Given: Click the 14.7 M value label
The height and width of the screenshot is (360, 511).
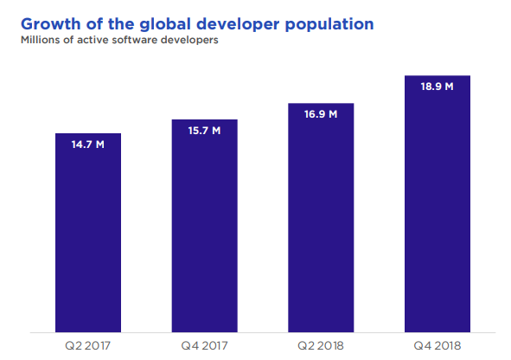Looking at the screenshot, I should click(x=87, y=145).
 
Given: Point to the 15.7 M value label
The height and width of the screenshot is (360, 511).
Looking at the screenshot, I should click(x=204, y=131).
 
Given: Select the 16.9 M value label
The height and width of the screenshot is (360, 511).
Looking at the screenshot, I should click(x=322, y=113).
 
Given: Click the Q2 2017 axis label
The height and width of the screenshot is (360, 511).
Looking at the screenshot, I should click(x=87, y=345).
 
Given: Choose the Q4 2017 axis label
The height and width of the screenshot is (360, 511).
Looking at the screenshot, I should click(x=204, y=345).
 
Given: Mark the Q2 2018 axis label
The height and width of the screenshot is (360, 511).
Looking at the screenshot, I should click(x=322, y=345).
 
